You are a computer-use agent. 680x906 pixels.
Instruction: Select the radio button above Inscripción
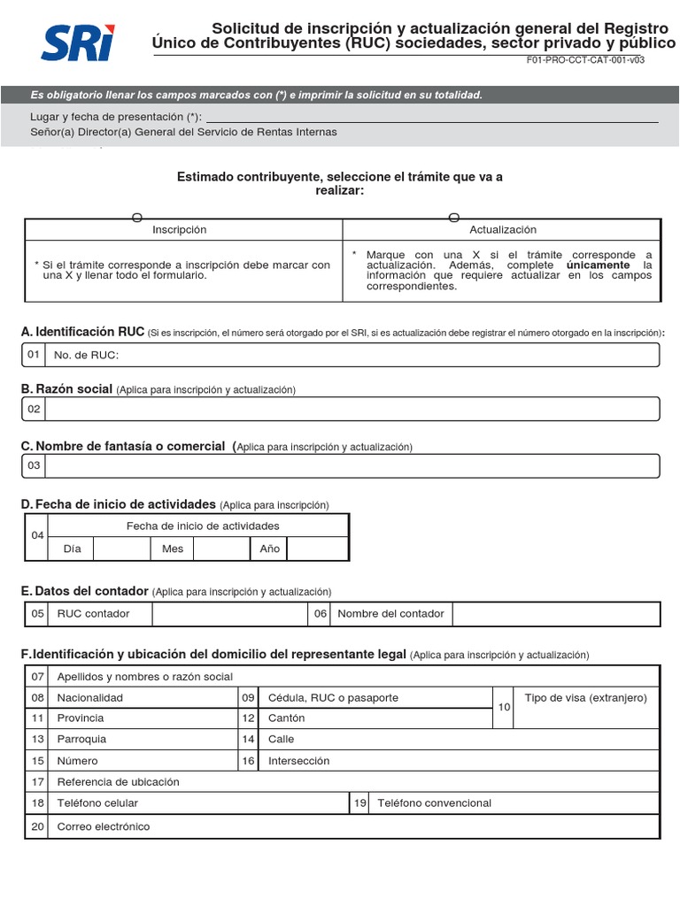click(x=136, y=218)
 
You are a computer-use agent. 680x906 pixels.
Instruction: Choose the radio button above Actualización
click(x=454, y=218)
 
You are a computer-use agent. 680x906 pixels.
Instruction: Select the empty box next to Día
click(x=121, y=549)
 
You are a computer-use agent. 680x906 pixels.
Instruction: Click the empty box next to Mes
click(x=221, y=549)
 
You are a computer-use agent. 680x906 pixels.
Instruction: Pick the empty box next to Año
click(x=318, y=549)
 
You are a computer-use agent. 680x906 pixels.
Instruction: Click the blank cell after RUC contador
click(x=230, y=613)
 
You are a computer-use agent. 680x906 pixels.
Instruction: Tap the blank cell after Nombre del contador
click(x=556, y=613)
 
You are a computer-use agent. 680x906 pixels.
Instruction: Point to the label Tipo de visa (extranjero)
click(x=585, y=698)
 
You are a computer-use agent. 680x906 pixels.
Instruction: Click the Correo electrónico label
click(x=104, y=826)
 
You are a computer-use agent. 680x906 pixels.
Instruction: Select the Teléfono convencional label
click(x=434, y=803)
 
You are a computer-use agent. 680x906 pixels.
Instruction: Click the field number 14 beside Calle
click(x=249, y=739)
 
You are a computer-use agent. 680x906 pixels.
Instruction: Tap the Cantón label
click(x=286, y=718)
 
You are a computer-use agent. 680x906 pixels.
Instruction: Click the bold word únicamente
click(x=598, y=265)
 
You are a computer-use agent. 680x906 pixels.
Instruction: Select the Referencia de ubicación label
click(x=118, y=782)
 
